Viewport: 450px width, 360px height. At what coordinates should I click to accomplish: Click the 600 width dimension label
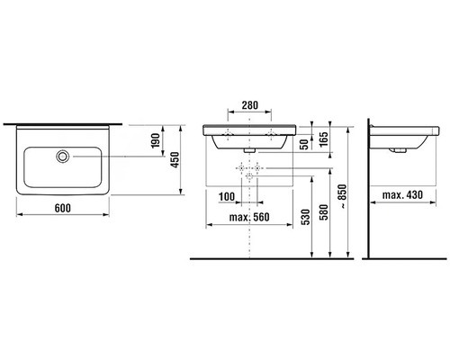pyautogui.click(x=63, y=208)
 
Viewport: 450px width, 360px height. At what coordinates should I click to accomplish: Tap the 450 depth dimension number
pyautogui.click(x=175, y=159)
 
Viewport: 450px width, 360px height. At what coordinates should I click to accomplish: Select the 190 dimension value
pyautogui.click(x=156, y=140)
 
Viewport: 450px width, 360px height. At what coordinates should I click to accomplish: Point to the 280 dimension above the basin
pyautogui.click(x=249, y=105)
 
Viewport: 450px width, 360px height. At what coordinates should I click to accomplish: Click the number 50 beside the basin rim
pyautogui.click(x=304, y=144)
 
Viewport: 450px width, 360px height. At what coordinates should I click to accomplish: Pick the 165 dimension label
pyautogui.click(x=324, y=139)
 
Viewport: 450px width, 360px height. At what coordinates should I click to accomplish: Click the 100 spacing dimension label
pyautogui.click(x=227, y=197)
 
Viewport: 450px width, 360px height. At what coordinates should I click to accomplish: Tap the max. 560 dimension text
pyautogui.click(x=249, y=217)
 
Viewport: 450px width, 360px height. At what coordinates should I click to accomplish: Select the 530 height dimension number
pyautogui.click(x=305, y=218)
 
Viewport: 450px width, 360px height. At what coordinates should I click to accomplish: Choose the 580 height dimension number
pyautogui.click(x=324, y=212)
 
